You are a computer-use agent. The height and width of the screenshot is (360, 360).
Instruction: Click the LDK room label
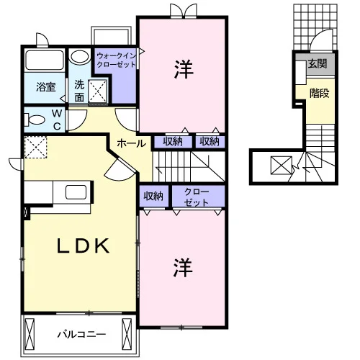click(83, 246)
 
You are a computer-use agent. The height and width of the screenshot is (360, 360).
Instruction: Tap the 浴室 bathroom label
click(46, 87)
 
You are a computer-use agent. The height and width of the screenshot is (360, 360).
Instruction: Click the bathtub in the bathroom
click(45, 60)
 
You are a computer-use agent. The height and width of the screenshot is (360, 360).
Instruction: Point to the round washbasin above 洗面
click(78, 57)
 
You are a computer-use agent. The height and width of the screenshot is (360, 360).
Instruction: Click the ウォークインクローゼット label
click(116, 60)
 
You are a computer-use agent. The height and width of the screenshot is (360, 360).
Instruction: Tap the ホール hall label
click(131, 144)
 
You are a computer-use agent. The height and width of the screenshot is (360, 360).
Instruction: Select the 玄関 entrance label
click(318, 63)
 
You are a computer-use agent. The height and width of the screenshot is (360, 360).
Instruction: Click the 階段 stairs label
click(319, 93)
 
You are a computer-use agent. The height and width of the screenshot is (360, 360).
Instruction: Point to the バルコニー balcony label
click(81, 334)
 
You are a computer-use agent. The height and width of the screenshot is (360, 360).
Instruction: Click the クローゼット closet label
click(197, 197)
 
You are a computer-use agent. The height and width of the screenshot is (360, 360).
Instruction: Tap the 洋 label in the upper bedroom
click(184, 70)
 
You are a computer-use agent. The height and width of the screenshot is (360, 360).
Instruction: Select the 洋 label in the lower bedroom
click(183, 268)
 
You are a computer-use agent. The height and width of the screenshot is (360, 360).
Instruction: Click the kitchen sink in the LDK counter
click(76, 192)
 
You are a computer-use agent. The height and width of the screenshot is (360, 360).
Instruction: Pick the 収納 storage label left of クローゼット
click(153, 196)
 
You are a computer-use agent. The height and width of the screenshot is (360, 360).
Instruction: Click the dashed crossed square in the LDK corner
click(35, 147)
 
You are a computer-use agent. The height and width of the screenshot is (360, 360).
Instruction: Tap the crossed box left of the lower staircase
click(282, 165)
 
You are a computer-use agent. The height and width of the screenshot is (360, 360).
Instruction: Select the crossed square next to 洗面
click(97, 91)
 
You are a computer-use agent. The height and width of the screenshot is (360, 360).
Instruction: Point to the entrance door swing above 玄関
click(321, 40)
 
